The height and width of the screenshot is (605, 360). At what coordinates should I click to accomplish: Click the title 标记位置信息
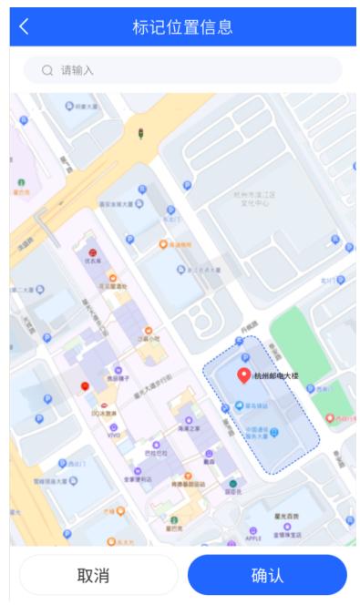point(182,26)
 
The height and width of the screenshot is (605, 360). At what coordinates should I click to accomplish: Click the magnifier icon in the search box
point(46,70)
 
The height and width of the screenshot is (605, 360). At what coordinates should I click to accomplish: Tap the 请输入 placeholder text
point(77,70)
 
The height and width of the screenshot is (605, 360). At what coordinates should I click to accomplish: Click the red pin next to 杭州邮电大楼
point(243,375)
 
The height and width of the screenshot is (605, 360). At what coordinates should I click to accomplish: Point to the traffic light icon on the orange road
point(140,135)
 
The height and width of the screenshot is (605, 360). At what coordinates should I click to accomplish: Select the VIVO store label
point(114,436)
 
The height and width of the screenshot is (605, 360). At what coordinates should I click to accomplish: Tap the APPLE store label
point(252,538)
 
